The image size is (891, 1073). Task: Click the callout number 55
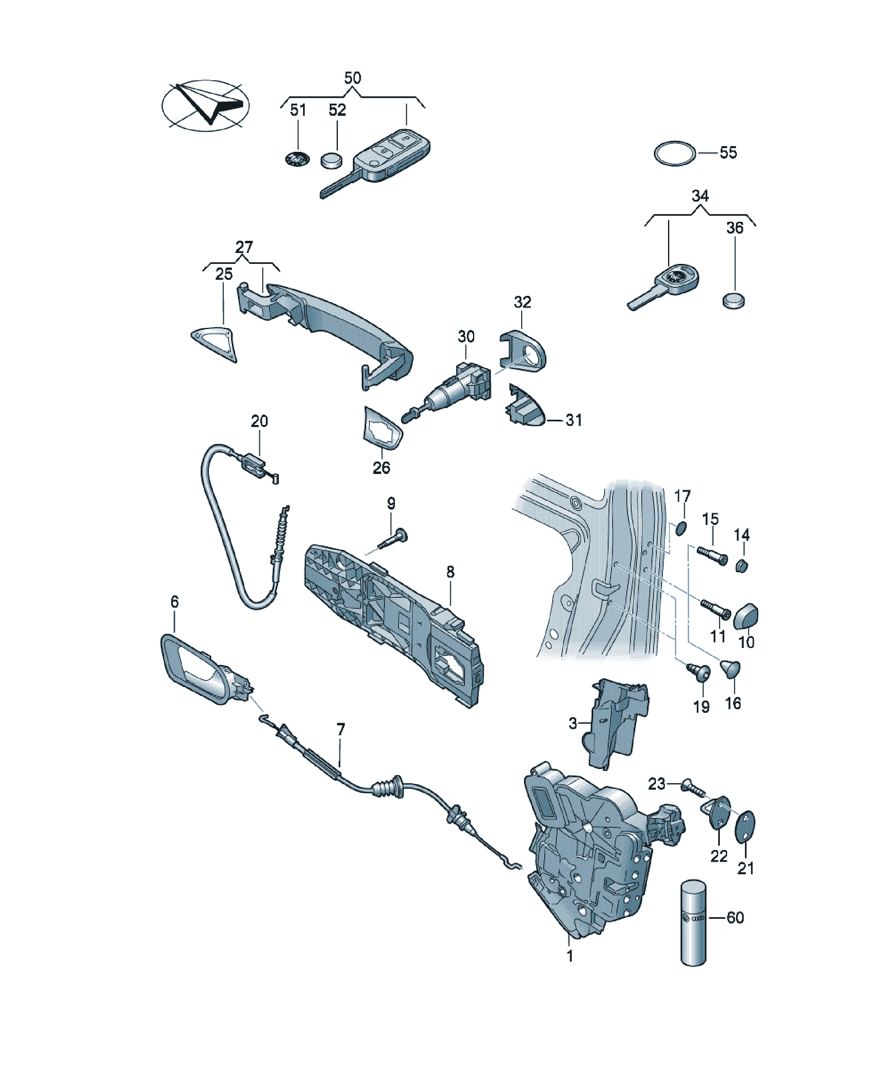(728, 152)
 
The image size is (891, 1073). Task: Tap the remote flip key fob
(375, 164)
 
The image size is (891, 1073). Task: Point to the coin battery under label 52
(331, 161)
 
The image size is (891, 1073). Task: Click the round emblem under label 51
(297, 159)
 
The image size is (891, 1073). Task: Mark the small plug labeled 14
(742, 566)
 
